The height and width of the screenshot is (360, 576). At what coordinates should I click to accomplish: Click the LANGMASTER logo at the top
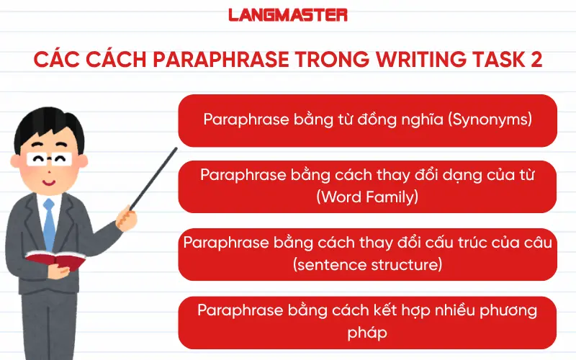pos(288,15)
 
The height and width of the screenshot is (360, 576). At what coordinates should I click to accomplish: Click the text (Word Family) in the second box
pos(367,196)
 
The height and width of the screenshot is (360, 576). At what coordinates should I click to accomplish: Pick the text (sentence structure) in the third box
pos(367,265)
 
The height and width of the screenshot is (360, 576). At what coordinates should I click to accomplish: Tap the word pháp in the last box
pos(367,333)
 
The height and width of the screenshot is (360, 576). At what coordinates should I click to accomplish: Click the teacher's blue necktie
pos(49,223)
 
